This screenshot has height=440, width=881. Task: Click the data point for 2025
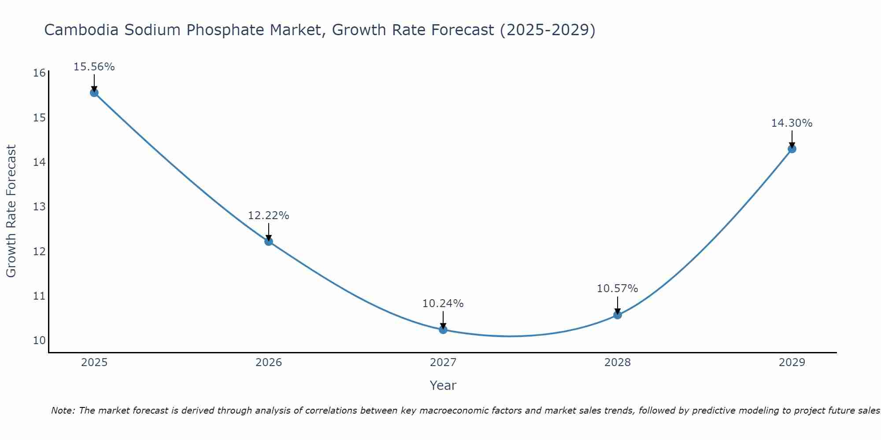coord(94,92)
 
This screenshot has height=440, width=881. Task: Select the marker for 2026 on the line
coord(269,241)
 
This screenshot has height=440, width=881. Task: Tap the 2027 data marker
coord(443,330)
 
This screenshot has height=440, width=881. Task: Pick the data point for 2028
coord(618,315)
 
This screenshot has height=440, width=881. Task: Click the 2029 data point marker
coord(792,149)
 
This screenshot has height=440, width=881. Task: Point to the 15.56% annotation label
coord(94,67)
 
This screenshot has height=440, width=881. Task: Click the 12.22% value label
coord(269,216)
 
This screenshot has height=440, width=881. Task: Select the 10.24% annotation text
coord(443,304)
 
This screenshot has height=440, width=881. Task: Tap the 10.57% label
coord(618,289)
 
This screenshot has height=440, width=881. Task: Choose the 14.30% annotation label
coord(792,123)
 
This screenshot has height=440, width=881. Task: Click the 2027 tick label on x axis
coord(443,363)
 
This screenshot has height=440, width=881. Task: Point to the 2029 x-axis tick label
coord(792,363)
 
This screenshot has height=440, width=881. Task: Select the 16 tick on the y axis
coord(39,73)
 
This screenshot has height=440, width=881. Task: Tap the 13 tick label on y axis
coord(39,207)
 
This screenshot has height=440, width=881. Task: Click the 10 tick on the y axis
coord(39,341)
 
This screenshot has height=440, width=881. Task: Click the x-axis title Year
coord(443,385)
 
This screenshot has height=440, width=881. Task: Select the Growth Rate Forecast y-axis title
coord(11,211)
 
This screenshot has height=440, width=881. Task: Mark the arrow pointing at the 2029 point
coord(792,139)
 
